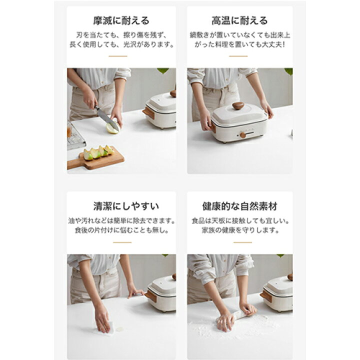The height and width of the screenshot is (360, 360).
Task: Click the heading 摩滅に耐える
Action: pyautogui.click(x=121, y=21)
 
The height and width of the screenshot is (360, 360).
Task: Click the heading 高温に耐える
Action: pyautogui.click(x=239, y=21)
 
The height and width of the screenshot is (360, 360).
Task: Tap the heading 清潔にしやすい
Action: pyautogui.click(x=121, y=206)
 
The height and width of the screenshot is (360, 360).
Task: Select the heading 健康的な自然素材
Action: pyautogui.click(x=240, y=206)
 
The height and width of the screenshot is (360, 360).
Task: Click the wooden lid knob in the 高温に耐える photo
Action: pyautogui.click(x=238, y=105)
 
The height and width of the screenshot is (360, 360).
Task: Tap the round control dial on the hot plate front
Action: pyautogui.click(x=243, y=135)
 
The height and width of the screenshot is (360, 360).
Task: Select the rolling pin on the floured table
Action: pyautogui.click(x=240, y=316)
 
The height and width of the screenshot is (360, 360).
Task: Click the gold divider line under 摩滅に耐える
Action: pyautogui.click(x=118, y=56)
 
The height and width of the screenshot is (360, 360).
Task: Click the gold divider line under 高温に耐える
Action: pyautogui.click(x=238, y=56)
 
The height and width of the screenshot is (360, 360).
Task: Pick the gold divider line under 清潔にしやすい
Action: pyautogui.click(x=122, y=242)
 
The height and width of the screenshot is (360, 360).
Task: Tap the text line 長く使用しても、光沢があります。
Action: pyautogui.click(x=121, y=44)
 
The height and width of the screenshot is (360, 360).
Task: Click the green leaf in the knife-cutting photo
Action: pyautogui.click(x=163, y=71)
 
